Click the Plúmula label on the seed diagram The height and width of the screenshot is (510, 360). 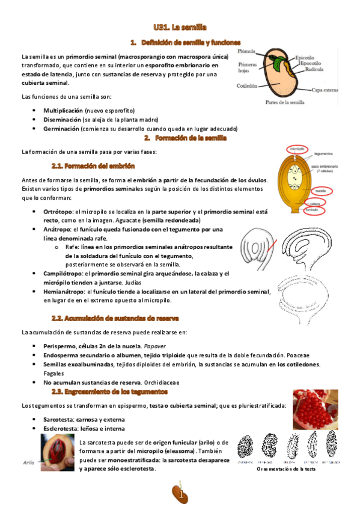click(247, 52)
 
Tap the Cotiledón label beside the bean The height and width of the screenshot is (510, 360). click(246, 86)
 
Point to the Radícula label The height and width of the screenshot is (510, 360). click(301, 69)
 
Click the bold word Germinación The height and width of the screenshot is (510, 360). click(61, 129)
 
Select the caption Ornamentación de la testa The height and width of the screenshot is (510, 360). click(285, 469)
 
